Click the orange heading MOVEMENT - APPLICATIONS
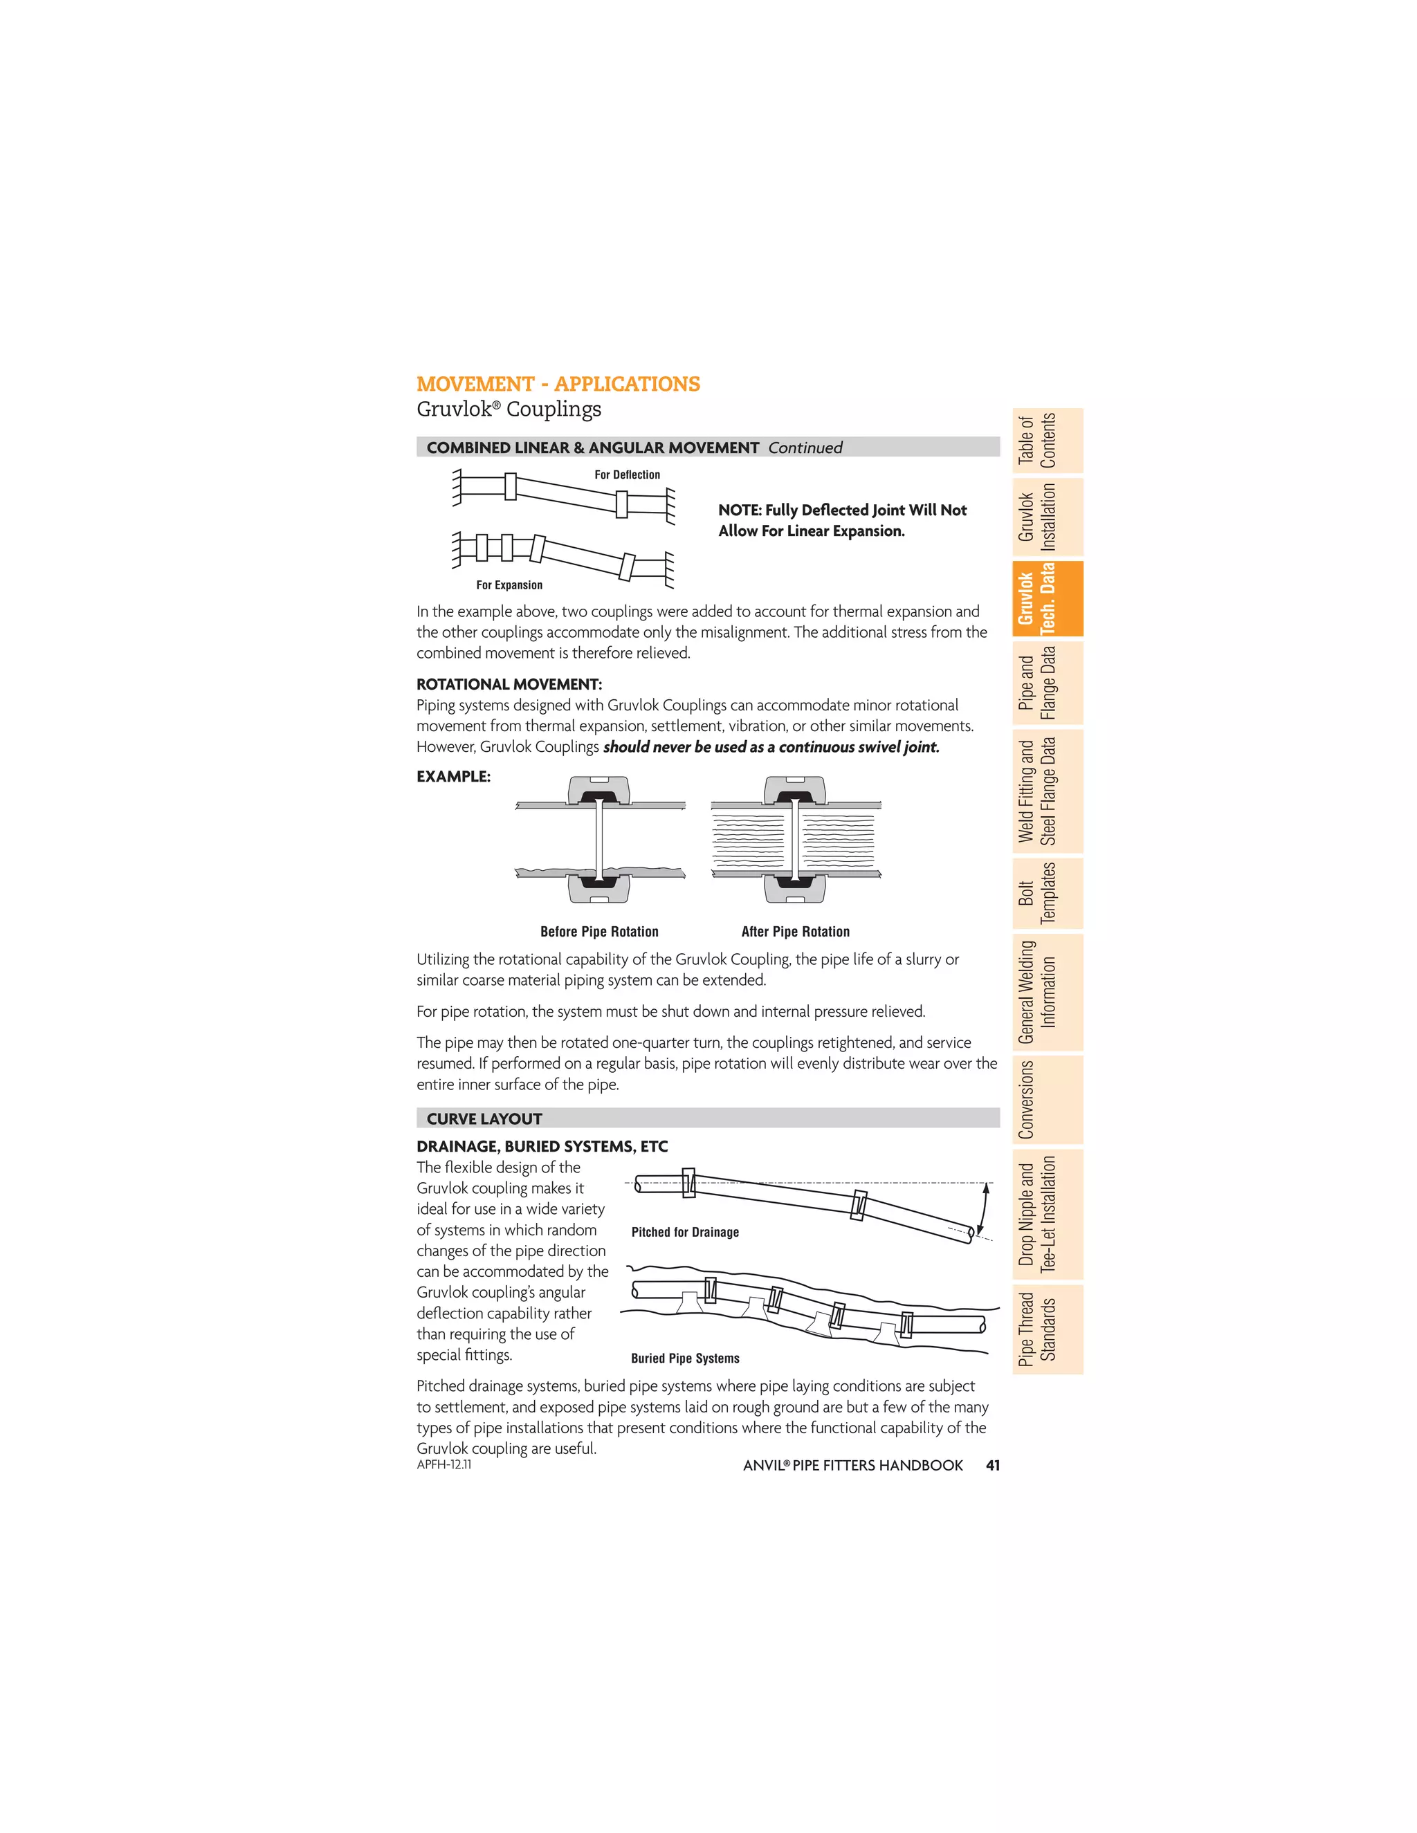point(558,384)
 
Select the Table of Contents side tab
point(1047,441)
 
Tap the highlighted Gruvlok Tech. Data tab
point(1047,598)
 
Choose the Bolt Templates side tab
point(1047,893)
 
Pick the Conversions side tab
point(1047,1100)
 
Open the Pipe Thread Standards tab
point(1047,1329)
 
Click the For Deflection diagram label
point(627,475)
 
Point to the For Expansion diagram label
point(509,585)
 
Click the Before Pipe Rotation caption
point(599,932)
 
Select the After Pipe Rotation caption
point(795,932)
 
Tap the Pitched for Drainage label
point(685,1232)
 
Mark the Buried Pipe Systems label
point(685,1358)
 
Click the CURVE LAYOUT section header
point(484,1118)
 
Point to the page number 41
point(992,1466)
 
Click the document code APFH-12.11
point(444,1464)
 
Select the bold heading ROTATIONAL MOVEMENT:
point(509,684)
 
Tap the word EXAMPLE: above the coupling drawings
point(453,776)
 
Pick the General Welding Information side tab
point(1047,992)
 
